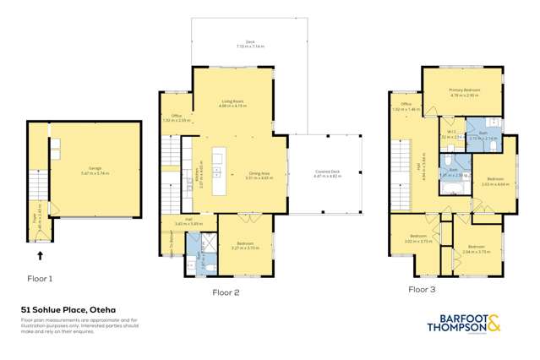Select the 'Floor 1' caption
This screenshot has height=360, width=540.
tap(39, 277)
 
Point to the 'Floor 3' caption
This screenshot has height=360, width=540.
tap(424, 289)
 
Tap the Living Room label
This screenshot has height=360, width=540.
tap(232, 104)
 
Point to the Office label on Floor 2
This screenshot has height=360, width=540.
tap(176, 118)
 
